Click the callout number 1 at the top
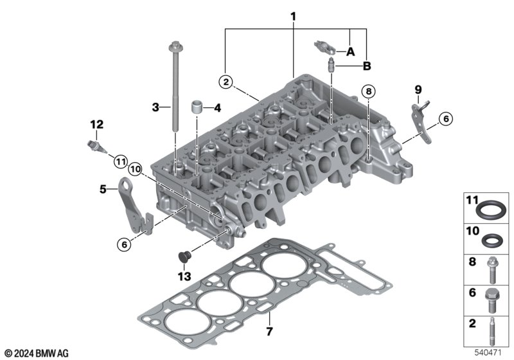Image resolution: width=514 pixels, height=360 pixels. tap(293, 17)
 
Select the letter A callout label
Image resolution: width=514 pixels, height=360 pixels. tap(350, 52)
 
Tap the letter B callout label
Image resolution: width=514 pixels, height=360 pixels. tap(367, 66)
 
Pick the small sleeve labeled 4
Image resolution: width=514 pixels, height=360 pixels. tap(197, 107)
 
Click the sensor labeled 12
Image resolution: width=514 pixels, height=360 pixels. tap(97, 147)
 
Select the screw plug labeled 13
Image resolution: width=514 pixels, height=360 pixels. tap(184, 256)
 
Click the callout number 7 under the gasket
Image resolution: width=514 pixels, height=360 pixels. tap(269, 331)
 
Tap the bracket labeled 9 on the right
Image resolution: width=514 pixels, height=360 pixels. tap(421, 122)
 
